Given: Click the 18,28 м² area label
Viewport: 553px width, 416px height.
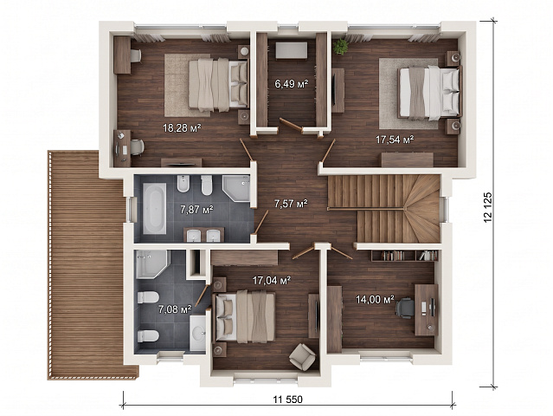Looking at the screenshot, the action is click(x=182, y=127).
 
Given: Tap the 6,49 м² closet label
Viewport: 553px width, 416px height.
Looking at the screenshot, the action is click(x=292, y=84).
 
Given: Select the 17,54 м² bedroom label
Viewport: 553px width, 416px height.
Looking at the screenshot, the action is click(x=395, y=140).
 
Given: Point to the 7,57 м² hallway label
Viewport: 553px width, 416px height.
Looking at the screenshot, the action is click(x=291, y=204).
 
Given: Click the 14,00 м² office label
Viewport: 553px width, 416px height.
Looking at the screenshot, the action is click(x=375, y=300).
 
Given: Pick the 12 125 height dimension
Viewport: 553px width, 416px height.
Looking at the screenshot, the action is click(x=488, y=207).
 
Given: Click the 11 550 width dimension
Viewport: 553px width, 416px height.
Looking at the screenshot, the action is click(x=288, y=400).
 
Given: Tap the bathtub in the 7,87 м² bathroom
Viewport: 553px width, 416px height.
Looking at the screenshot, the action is click(x=154, y=208).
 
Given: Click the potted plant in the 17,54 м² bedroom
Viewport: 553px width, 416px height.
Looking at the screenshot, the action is click(x=341, y=46).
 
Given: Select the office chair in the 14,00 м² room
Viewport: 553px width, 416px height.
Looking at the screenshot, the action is click(x=404, y=308).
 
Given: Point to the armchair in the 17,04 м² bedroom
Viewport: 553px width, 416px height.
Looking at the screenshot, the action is click(x=302, y=357).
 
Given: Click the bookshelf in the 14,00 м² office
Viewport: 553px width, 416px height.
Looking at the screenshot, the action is click(x=404, y=256).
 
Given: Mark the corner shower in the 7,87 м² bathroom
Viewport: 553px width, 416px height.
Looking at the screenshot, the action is click(x=236, y=188).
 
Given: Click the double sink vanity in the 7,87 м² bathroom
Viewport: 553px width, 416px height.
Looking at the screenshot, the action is click(x=203, y=235).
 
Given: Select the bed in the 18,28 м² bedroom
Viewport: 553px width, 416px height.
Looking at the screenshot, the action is click(x=218, y=85).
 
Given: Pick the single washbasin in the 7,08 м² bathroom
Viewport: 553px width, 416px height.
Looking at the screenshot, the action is click(x=197, y=333).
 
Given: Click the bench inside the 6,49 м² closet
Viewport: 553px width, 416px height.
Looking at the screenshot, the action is click(x=292, y=50).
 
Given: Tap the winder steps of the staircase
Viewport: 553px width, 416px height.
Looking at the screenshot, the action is click(x=422, y=209).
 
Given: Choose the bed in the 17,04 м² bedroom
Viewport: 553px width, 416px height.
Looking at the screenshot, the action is click(x=245, y=317).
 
